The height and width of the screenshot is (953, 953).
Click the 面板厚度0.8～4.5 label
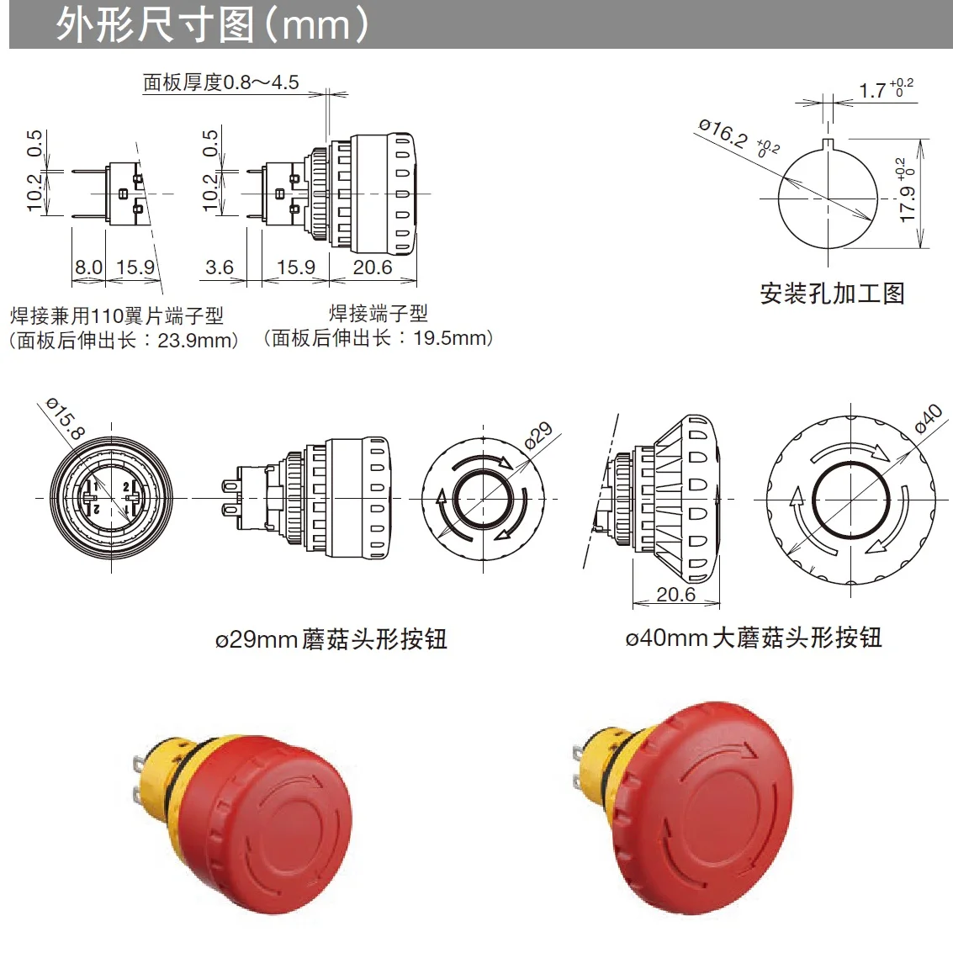tap(220, 82)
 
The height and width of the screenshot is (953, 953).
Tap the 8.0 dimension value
tap(88, 267)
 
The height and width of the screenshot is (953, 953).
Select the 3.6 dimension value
tap(219, 267)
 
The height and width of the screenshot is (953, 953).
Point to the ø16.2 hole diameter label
tap(723, 133)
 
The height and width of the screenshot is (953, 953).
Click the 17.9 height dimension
tap(907, 202)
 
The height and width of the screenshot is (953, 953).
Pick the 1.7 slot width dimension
tap(872, 90)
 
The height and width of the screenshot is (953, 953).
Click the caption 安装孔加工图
tap(832, 294)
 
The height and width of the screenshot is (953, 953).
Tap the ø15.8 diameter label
tap(65, 419)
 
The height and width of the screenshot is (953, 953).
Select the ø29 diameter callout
tap(538, 435)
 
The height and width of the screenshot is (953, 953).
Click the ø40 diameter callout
tap(928, 418)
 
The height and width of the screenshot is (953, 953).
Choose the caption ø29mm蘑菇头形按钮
tap(331, 639)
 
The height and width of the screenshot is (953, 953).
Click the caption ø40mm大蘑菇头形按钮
tap(753, 638)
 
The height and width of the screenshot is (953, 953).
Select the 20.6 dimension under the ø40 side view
tap(675, 595)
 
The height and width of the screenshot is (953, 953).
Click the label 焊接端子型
tap(379, 314)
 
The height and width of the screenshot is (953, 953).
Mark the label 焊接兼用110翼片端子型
tap(117, 316)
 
